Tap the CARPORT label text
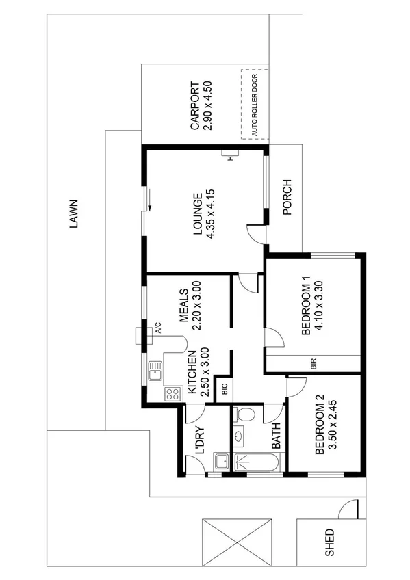tap(194, 106)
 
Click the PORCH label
tap(287, 197)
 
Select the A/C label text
tap(158, 327)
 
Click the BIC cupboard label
tap(224, 391)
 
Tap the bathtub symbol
tap(255, 462)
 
